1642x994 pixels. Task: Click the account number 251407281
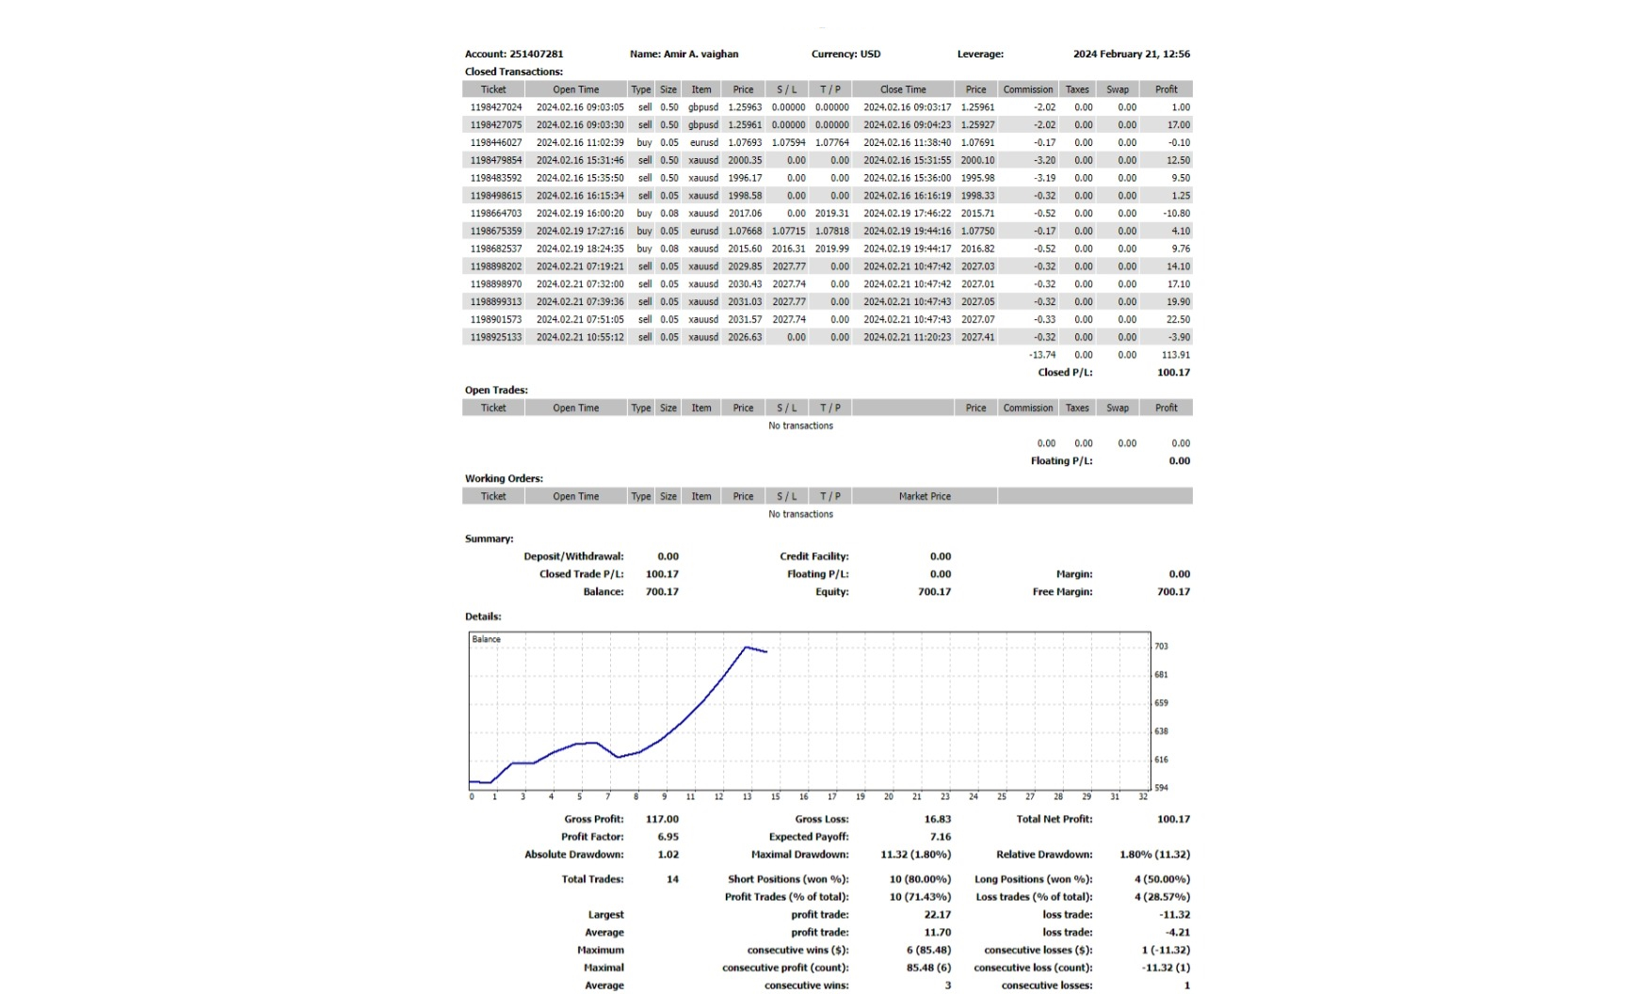tap(536, 54)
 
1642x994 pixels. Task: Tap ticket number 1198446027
tap(495, 142)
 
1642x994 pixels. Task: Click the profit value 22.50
tap(1178, 319)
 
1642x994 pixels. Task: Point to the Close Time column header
tap(903, 89)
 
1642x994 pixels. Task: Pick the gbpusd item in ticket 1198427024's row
tap(702, 107)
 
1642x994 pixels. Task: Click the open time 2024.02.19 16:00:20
tap(580, 214)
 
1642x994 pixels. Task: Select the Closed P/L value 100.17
tap(1173, 373)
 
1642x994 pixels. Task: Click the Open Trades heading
tap(496, 390)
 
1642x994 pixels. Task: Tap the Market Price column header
tap(925, 496)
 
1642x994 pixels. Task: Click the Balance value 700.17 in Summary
tap(662, 592)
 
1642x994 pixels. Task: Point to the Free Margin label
tap(1062, 592)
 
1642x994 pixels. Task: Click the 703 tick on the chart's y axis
tap(1161, 647)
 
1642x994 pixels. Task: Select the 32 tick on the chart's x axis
tap(1143, 796)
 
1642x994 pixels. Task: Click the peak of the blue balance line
tap(746, 647)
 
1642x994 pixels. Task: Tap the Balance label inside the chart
tap(486, 639)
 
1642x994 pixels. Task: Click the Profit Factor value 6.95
tap(668, 837)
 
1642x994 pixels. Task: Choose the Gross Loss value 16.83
tap(937, 819)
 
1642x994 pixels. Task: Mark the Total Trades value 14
tap(672, 879)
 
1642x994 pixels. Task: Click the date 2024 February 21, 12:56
tap(1131, 54)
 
